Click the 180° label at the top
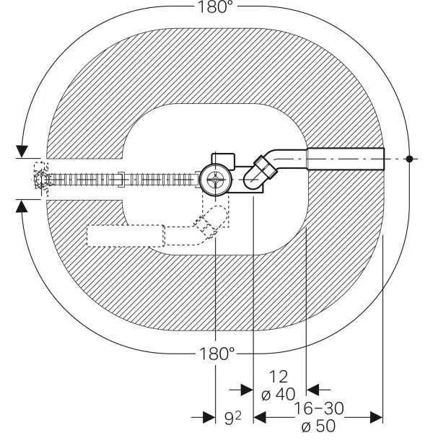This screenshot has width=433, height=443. click(x=216, y=6)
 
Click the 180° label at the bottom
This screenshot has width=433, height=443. click(x=216, y=354)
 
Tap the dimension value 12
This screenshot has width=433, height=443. click(x=279, y=377)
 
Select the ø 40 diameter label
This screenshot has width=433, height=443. click(x=279, y=394)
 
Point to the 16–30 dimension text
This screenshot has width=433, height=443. click(x=319, y=408)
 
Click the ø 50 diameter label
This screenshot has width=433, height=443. click(x=318, y=426)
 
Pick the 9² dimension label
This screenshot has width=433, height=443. click(x=233, y=418)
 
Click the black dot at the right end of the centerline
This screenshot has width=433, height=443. click(x=409, y=159)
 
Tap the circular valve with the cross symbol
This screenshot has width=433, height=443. click(x=216, y=180)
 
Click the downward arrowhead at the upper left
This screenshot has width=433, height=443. click(x=22, y=151)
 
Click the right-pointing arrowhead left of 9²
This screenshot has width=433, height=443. click(x=209, y=417)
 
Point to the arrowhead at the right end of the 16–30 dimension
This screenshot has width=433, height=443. click(x=376, y=417)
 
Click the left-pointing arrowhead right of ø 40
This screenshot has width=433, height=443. click(x=313, y=390)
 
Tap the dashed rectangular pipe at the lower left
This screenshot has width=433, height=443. click(x=126, y=235)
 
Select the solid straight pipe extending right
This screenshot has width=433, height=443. click(x=346, y=159)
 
